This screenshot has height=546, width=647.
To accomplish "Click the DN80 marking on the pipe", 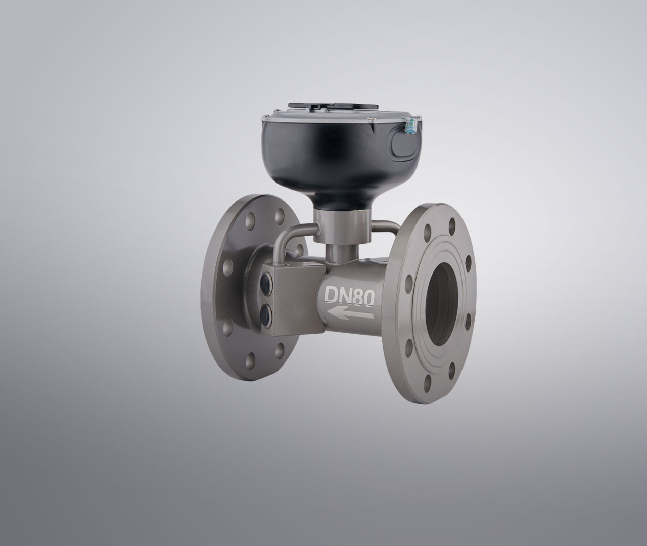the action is point(349,296).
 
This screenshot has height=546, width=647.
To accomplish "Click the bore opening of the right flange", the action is point(443,305).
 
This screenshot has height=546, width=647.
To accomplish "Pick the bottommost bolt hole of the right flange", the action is point(428,382).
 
